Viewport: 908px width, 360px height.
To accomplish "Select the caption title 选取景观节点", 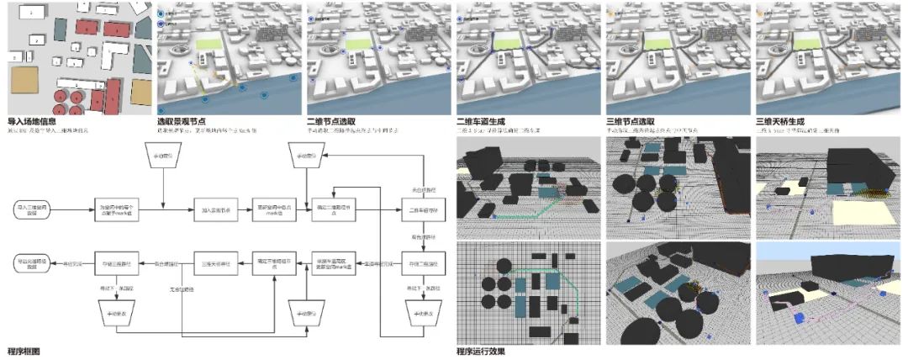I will [x=184, y=121].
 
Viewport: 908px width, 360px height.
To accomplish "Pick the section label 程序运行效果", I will [x=483, y=350].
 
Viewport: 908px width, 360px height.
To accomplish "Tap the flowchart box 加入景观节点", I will [x=217, y=208].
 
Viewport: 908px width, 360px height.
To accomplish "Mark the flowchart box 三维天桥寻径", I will [x=217, y=262].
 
